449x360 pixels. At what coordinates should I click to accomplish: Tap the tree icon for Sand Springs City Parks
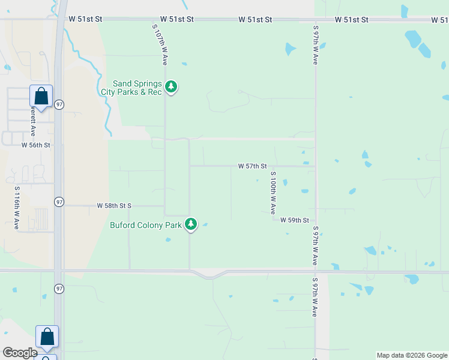click(x=171, y=87)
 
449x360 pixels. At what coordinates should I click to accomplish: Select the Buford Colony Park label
click(x=146, y=226)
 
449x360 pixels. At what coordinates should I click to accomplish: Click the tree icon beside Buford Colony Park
click(x=191, y=224)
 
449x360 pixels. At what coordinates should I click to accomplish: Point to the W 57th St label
click(x=252, y=166)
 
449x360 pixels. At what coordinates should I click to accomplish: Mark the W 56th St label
click(x=35, y=145)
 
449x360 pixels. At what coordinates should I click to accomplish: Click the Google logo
click(x=20, y=353)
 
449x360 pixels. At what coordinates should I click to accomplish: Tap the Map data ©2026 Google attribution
click(x=412, y=355)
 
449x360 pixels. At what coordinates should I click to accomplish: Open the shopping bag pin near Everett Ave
click(x=41, y=96)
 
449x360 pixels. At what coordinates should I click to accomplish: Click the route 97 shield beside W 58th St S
click(x=59, y=202)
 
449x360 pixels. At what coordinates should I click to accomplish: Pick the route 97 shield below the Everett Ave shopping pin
click(x=59, y=104)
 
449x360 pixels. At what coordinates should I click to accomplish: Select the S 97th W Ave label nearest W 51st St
click(x=315, y=45)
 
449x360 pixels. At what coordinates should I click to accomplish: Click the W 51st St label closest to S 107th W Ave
click(x=177, y=19)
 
